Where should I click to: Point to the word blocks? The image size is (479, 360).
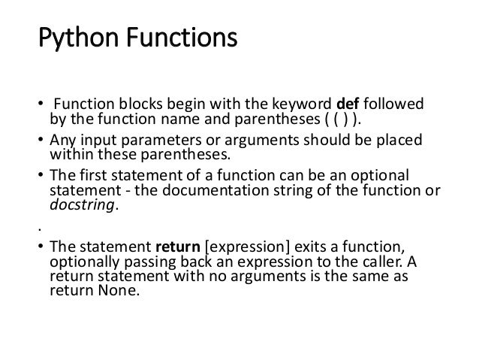pyautogui.click(x=134, y=103)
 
